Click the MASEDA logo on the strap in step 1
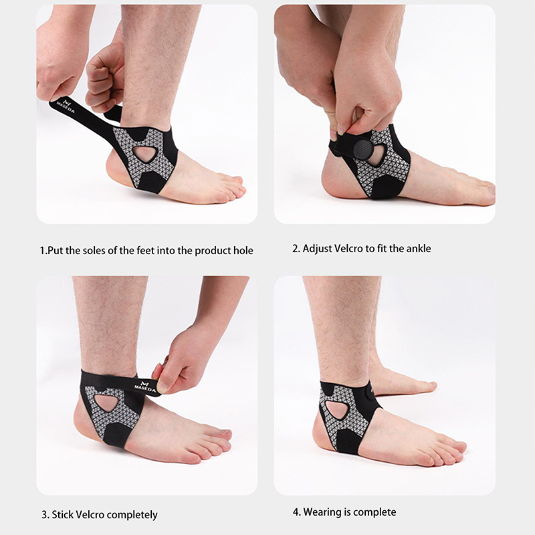point(66,106)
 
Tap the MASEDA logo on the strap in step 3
point(144,387)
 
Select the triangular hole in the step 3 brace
point(106,403)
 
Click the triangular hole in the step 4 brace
point(336,409)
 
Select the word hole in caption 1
point(243,251)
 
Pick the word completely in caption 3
point(131,514)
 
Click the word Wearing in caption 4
point(322,512)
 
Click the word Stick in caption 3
point(63,514)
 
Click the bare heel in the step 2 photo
point(338,181)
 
